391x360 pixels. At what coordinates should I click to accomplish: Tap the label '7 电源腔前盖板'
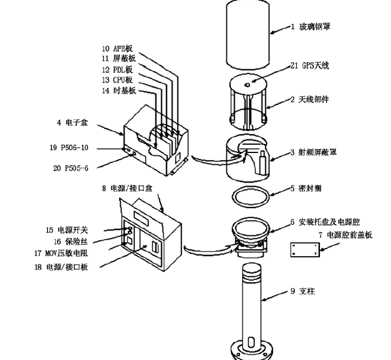(x=345, y=235)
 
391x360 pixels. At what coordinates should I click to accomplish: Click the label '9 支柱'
(x=303, y=291)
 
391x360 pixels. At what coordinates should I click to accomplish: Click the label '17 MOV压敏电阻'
(x=62, y=253)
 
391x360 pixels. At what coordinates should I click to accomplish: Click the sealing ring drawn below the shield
(x=248, y=195)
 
